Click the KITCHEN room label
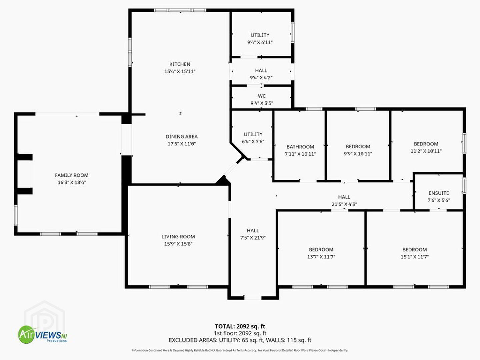point(180,64)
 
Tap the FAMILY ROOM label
point(72,175)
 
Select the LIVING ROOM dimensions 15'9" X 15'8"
point(178,244)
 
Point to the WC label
point(262,96)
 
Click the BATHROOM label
point(300,147)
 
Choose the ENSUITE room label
point(439,193)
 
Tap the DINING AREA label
point(182,137)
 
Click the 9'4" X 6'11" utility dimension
point(260,42)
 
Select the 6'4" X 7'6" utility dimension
point(253,142)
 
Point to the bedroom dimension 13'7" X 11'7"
point(321,257)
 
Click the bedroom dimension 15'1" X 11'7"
point(415,257)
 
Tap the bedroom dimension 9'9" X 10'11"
point(358,154)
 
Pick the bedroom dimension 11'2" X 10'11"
point(426,151)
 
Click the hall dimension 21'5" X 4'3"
point(344,204)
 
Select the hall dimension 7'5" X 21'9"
point(253,238)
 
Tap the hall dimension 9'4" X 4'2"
point(261,78)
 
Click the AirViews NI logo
point(42,334)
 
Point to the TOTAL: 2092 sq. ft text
point(240,326)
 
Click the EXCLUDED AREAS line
point(240,340)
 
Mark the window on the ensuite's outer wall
point(464,186)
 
